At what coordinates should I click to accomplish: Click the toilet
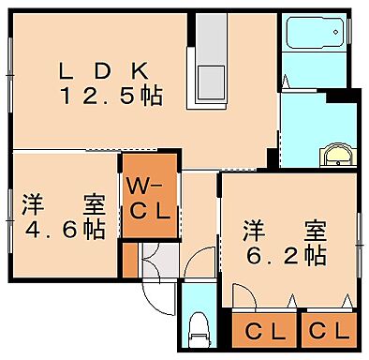[x=199, y=327]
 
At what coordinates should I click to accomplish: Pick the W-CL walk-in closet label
[x=148, y=198]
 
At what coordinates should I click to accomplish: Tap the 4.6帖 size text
[x=66, y=227]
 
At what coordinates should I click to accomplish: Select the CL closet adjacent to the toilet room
[x=265, y=330]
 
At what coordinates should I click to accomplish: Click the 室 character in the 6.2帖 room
[x=316, y=229]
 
